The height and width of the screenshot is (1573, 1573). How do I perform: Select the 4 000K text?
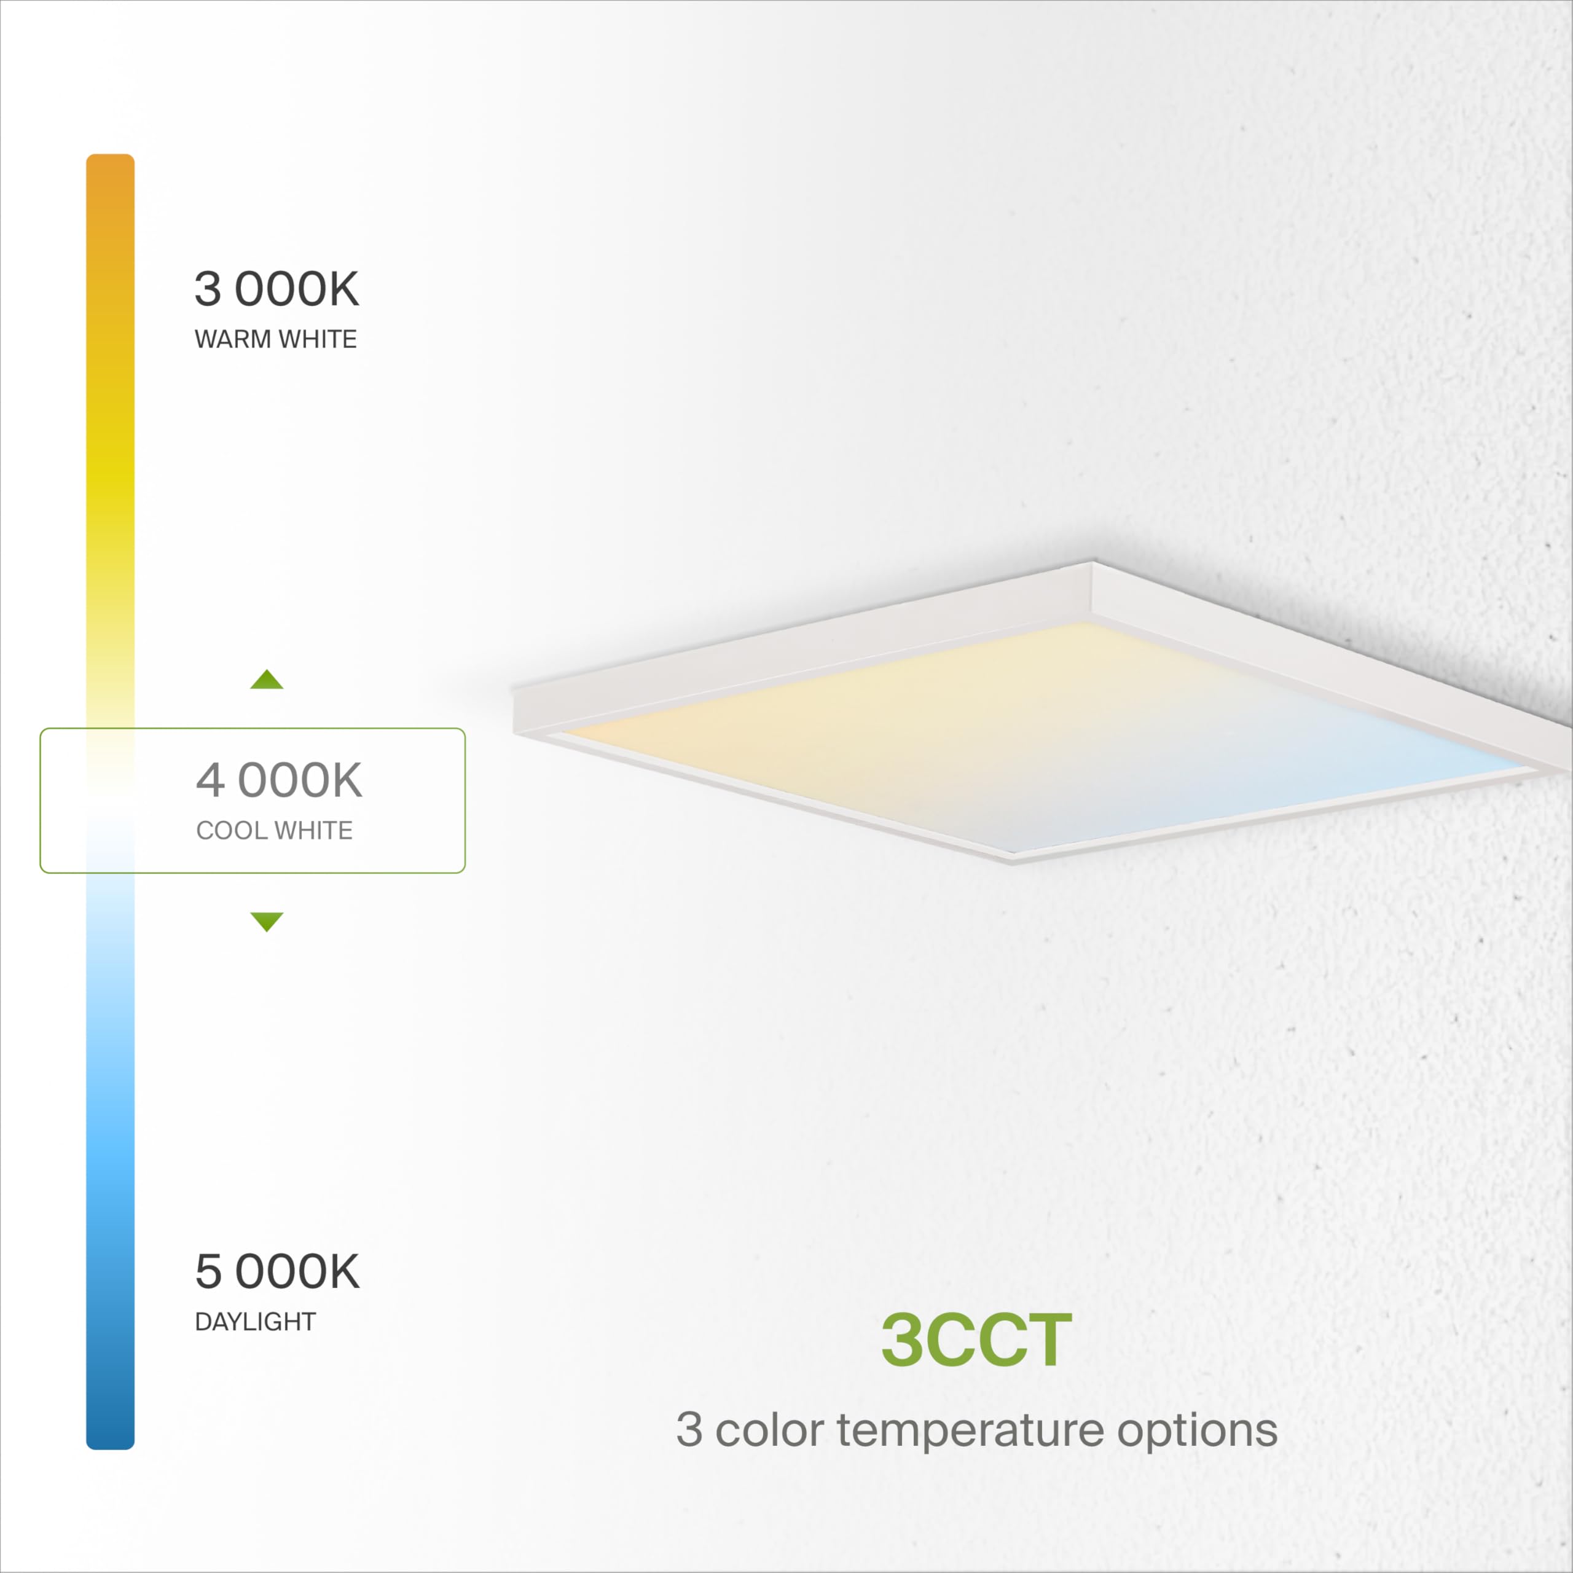[278, 780]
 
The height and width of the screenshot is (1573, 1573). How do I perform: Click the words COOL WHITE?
[275, 831]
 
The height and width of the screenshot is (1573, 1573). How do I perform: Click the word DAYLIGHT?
[255, 1322]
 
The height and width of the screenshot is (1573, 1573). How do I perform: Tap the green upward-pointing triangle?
[266, 680]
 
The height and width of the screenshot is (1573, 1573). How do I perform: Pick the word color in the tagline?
[769, 1430]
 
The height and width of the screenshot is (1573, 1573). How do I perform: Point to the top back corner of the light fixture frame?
[1092, 563]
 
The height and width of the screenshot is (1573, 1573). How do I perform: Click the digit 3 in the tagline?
[689, 1430]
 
